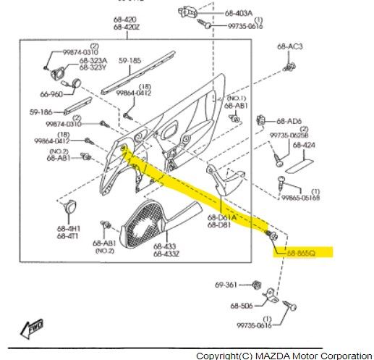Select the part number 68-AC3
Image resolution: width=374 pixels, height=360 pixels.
[289, 46]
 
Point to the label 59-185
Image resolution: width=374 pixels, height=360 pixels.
[130, 62]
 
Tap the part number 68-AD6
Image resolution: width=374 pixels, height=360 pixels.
[289, 121]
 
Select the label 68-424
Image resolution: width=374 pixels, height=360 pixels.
[305, 145]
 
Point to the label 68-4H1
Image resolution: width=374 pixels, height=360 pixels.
[69, 228]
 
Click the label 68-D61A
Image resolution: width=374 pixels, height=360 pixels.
[224, 217]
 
